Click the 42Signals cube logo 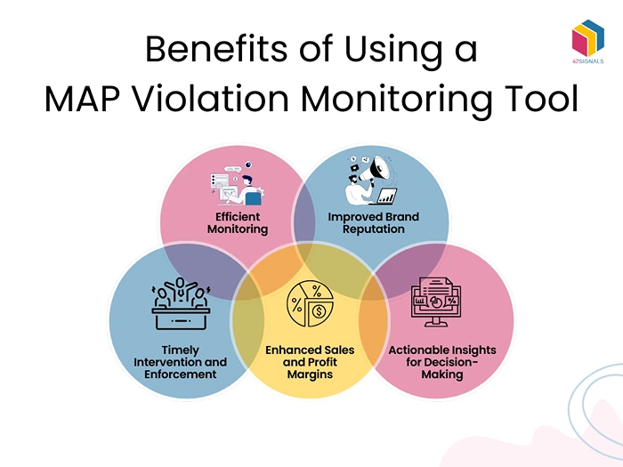588,41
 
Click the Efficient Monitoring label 238,223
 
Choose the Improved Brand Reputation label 373,223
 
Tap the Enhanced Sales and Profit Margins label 311,362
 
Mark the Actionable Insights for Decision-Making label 441,362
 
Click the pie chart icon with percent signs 310,305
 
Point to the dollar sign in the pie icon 318,313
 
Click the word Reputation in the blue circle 373,229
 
